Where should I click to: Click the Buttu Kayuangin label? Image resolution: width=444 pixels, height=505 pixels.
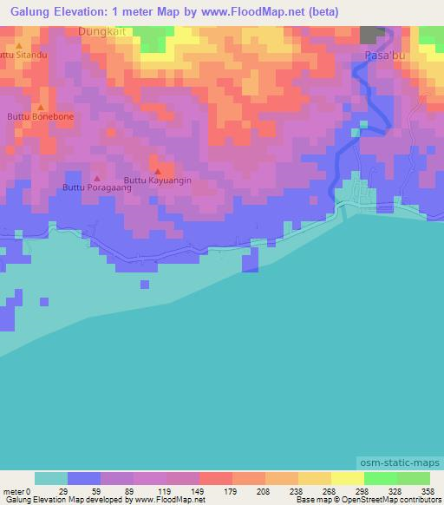pos(157,180)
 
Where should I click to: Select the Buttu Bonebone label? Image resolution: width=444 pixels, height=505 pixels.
pos(40,115)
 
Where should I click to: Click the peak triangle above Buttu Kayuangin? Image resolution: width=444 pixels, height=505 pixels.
pos(157,170)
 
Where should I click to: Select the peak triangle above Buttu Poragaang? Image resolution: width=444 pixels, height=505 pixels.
pos(96,177)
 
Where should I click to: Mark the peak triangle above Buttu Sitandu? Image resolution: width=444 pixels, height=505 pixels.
pos(18,43)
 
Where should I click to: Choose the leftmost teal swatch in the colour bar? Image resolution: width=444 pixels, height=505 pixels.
pos(51,478)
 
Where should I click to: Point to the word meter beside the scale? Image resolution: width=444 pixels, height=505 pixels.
pos(16,490)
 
